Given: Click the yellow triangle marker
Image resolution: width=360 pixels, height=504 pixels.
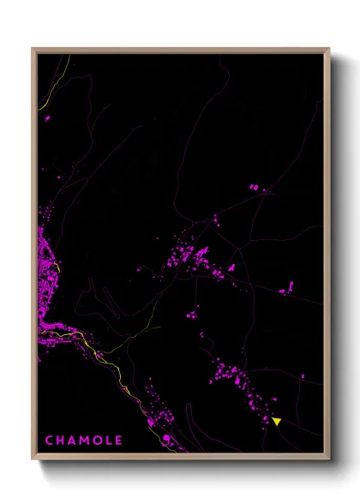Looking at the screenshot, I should click(277, 421).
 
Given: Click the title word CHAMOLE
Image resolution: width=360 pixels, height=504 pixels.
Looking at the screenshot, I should click(84, 441).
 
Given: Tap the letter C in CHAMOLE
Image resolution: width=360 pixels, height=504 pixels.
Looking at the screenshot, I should click(50, 441).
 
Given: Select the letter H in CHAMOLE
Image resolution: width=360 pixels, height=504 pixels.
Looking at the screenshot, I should click(61, 441).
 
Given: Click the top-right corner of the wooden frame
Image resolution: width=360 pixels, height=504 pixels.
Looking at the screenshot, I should click(329, 49).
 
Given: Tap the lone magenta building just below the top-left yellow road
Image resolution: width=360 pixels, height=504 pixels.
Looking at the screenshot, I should click(47, 118).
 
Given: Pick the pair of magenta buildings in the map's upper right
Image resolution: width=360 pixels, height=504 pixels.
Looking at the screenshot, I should click(254, 187).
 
